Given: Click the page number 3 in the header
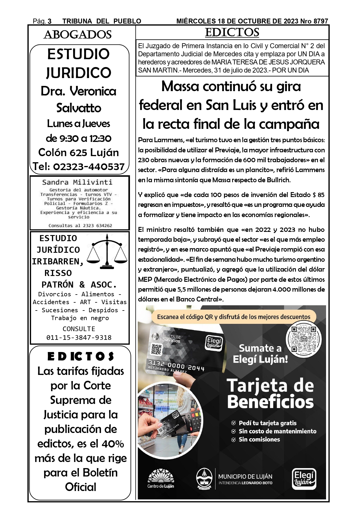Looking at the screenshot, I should [50, 21].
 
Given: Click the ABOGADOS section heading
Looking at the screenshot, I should [77, 35].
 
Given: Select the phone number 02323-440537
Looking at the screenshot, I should [89, 167].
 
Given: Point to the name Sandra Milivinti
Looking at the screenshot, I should [77, 182].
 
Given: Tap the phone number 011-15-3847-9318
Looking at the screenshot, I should [79, 337].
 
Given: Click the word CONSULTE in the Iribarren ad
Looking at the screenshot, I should [79, 329].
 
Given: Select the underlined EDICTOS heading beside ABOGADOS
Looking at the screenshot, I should [232, 33].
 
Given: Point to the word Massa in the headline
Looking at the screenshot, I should [180, 86].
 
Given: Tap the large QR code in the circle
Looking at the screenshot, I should [304, 339].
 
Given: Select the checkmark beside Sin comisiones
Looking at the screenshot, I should [233, 440].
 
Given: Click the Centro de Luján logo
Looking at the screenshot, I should [161, 478].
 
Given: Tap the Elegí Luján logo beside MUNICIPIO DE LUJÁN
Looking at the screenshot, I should [304, 479].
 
